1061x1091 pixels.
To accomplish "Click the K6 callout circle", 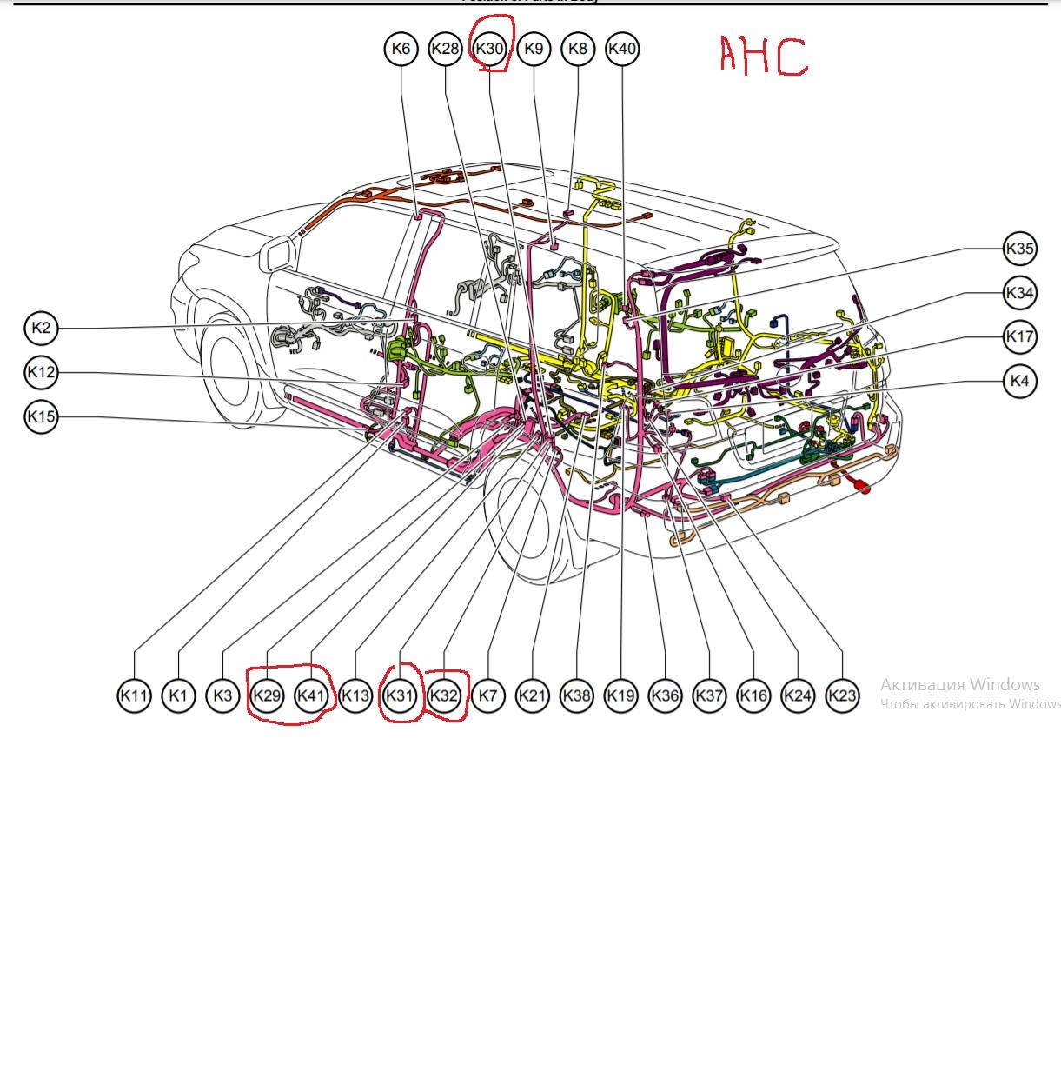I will (401, 49).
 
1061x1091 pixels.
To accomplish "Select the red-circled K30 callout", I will (489, 49).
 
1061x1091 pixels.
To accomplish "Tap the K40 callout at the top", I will (622, 49).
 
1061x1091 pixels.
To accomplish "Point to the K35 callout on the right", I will (1019, 249).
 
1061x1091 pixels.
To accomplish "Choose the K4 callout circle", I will (1019, 381).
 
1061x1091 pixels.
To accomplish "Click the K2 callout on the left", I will (41, 328).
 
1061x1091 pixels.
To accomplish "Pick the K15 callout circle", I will (41, 416).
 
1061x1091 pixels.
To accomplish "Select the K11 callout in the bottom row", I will (134, 695).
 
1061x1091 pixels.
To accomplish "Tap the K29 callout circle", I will (267, 695).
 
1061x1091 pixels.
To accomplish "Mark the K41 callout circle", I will (311, 695).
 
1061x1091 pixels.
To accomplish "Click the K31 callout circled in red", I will (400, 695).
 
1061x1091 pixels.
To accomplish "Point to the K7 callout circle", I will (488, 695).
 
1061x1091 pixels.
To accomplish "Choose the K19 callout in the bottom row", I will (620, 695).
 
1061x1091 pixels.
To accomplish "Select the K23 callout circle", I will (841, 695).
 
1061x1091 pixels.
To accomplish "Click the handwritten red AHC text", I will (763, 57).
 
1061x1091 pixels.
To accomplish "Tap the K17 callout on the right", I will (1019, 336).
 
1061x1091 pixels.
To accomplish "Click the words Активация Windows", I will (959, 684).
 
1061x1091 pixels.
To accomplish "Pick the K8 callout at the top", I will (578, 49).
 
